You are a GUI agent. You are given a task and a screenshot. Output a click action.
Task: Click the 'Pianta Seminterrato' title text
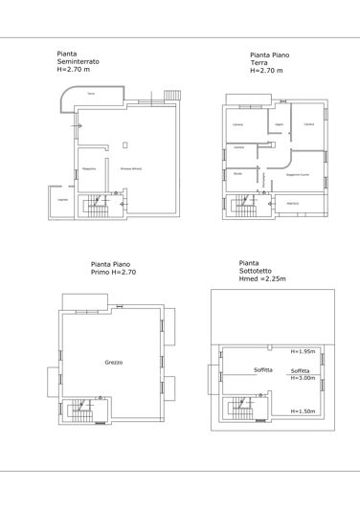click(79, 61)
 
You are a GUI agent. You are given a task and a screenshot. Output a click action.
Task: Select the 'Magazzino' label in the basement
click(90, 168)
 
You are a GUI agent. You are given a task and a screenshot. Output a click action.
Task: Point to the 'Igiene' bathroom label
click(278, 125)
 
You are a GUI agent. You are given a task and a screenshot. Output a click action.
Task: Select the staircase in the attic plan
click(240, 409)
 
